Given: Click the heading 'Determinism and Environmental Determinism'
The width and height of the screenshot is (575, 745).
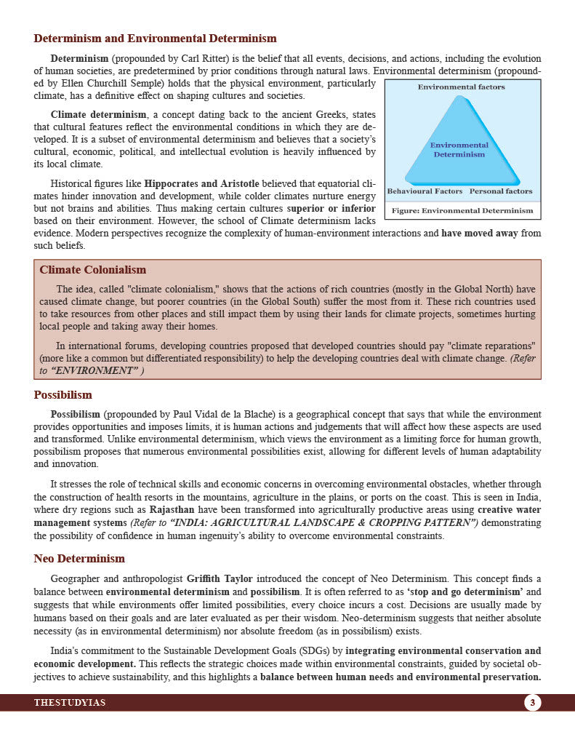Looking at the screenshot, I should (155, 39).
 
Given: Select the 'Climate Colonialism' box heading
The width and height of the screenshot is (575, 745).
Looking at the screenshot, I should (92, 270).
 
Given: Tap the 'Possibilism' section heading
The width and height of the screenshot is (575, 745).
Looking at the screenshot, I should (63, 395).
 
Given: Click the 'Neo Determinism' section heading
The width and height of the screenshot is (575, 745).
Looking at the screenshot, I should (79, 559).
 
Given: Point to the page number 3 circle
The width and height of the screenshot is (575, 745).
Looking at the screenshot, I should (532, 703).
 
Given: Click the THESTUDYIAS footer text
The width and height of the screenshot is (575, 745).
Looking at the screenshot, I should (69, 703).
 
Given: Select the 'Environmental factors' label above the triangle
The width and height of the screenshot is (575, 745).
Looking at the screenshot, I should (461, 87).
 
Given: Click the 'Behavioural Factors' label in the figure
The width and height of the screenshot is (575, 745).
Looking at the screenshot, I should (425, 191).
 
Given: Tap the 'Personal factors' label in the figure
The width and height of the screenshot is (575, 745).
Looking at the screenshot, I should (501, 191).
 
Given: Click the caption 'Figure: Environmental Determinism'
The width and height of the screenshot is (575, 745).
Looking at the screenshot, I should (462, 210).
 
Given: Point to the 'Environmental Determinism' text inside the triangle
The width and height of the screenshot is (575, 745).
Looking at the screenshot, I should (459, 149).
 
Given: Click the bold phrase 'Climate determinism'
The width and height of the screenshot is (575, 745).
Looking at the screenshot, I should (98, 115).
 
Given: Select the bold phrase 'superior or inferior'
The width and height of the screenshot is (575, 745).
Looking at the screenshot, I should (331, 208).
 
